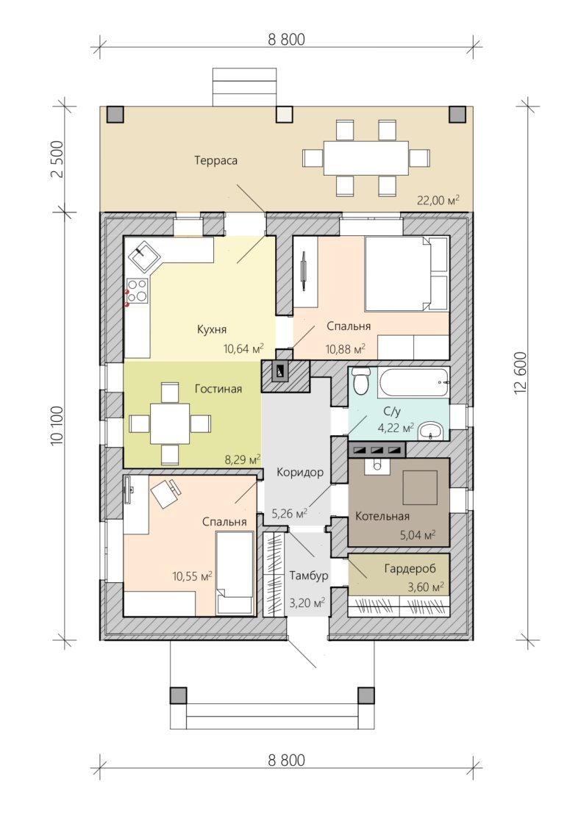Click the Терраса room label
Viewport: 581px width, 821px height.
point(215,160)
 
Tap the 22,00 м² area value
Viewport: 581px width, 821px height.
point(438,199)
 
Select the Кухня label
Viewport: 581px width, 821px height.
point(212,329)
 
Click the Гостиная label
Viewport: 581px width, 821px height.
point(218,389)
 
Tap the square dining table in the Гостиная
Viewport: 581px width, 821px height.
point(171,423)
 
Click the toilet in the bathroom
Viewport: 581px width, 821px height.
point(360,381)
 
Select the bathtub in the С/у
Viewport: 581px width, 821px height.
point(414,383)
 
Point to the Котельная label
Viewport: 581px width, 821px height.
point(382,516)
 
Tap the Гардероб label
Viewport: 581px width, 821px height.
point(410,569)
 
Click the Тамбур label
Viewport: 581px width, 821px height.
point(309,576)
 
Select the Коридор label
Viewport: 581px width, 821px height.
point(300,473)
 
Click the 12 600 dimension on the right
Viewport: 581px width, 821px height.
point(520,373)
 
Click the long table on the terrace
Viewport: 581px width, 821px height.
point(366,157)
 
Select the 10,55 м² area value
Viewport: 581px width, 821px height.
point(192,576)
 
